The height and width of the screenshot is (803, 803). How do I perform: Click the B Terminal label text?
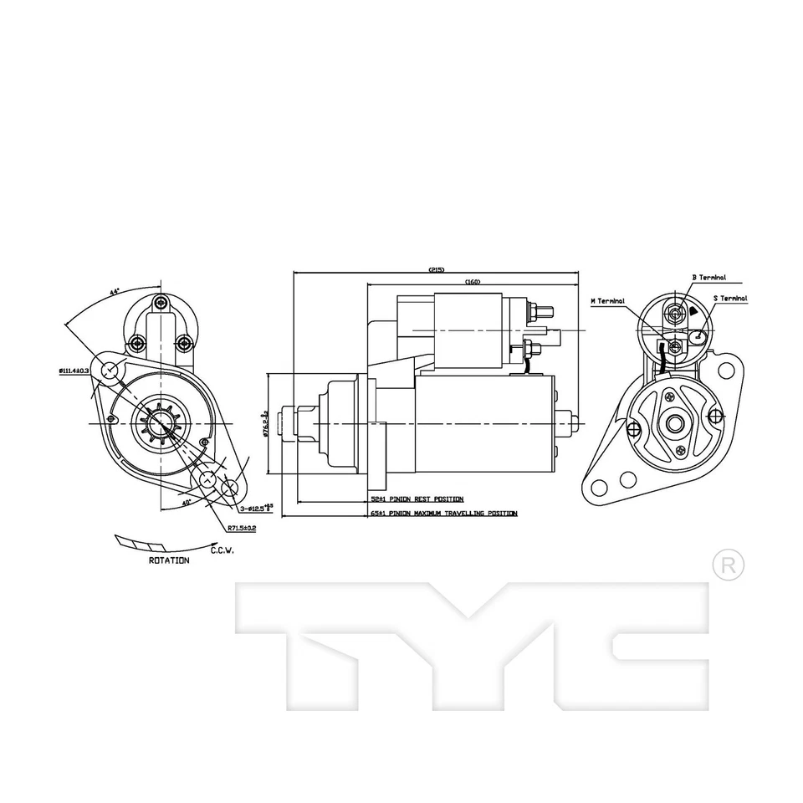click(708, 278)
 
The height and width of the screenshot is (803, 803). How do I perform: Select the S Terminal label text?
click(730, 298)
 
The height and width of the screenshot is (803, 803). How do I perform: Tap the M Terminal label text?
click(607, 300)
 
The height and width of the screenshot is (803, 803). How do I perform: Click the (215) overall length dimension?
click(436, 269)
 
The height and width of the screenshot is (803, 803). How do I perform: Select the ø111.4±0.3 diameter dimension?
click(74, 371)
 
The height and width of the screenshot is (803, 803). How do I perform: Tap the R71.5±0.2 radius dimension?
click(241, 529)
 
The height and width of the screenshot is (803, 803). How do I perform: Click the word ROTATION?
click(168, 560)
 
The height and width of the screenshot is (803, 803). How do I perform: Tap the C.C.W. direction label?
click(222, 550)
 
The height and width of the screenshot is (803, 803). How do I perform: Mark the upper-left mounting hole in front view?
click(107, 370)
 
